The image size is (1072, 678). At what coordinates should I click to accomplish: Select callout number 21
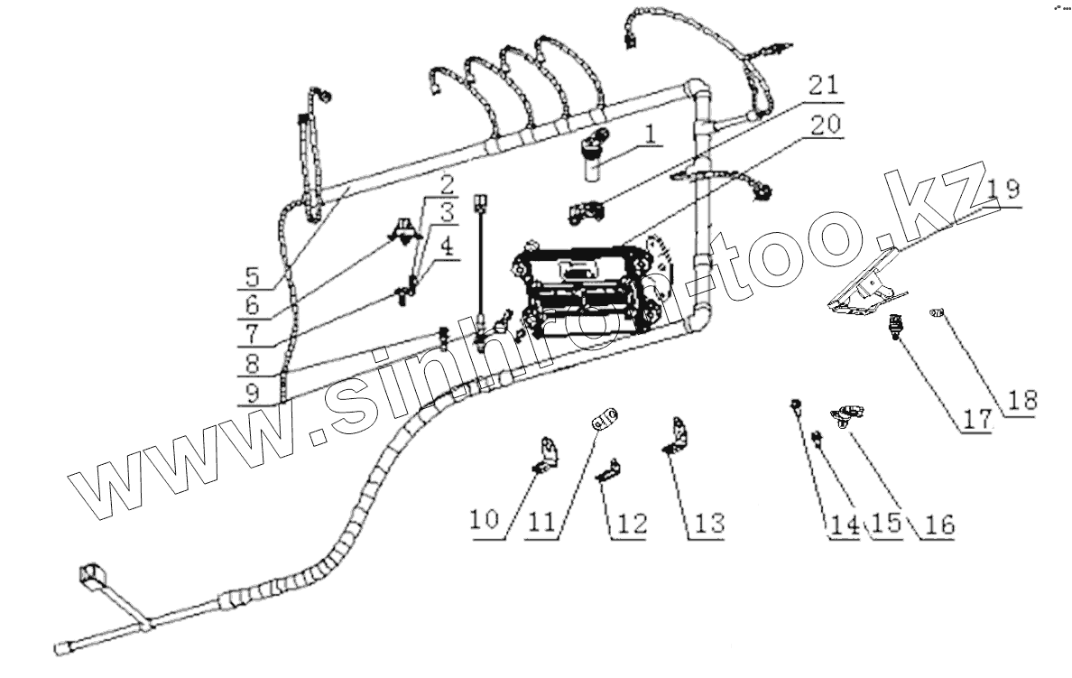821,87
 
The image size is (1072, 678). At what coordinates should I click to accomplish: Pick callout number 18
1022,399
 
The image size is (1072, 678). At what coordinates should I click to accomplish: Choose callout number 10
484,521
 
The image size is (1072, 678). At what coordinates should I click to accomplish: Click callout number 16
938,525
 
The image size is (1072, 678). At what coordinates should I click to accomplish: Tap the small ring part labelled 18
938,313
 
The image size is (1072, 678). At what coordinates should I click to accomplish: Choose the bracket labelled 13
677,435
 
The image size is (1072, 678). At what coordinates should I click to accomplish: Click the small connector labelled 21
585,213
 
